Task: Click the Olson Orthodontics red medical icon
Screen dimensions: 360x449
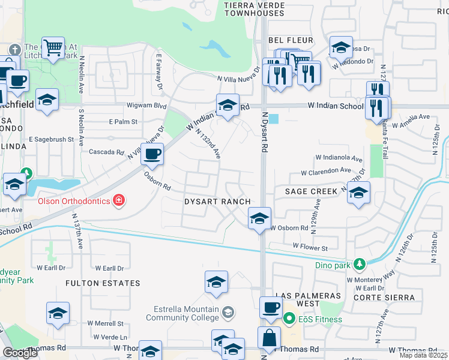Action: point(119,200)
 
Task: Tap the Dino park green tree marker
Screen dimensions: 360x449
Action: point(359,264)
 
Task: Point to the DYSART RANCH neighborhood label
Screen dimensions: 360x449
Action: point(216,202)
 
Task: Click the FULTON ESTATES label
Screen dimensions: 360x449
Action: point(103,283)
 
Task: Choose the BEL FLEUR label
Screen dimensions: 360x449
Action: point(291,40)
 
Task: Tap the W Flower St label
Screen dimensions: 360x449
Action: point(310,247)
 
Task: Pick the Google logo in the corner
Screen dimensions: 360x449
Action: point(20,353)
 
